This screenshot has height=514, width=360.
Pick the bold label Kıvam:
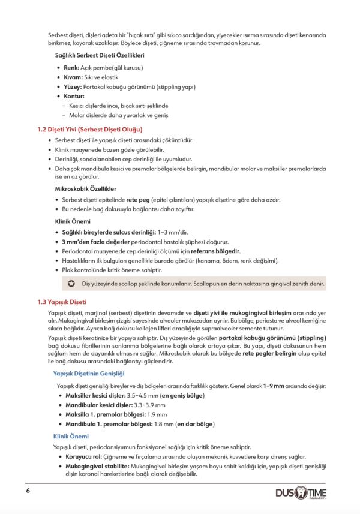(73, 77)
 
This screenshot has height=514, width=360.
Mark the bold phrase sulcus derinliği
(128, 232)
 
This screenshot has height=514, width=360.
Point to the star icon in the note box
(71, 283)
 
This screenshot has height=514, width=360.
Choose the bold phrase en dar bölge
(195, 424)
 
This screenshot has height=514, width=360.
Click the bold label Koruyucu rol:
(84, 457)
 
